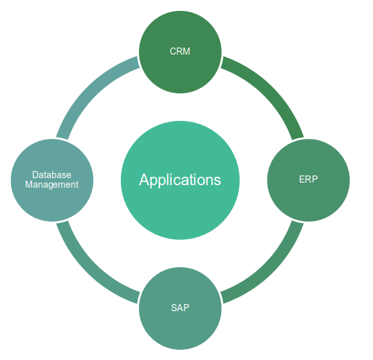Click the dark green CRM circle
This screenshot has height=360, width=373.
point(180,51)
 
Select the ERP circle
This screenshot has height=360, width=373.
point(309,179)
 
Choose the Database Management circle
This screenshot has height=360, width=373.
point(52,179)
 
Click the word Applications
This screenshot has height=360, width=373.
point(180,179)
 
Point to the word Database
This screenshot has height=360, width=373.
point(51,174)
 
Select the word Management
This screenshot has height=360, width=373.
point(51,184)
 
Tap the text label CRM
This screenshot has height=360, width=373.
point(180,51)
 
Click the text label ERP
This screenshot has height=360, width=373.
point(309,179)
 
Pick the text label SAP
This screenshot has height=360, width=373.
point(180,307)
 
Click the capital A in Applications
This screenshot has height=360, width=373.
point(144,179)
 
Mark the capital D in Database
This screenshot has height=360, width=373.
point(35,174)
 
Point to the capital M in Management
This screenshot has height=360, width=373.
point(28,184)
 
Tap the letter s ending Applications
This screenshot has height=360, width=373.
point(217,180)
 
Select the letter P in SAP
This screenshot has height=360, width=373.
point(186,307)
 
